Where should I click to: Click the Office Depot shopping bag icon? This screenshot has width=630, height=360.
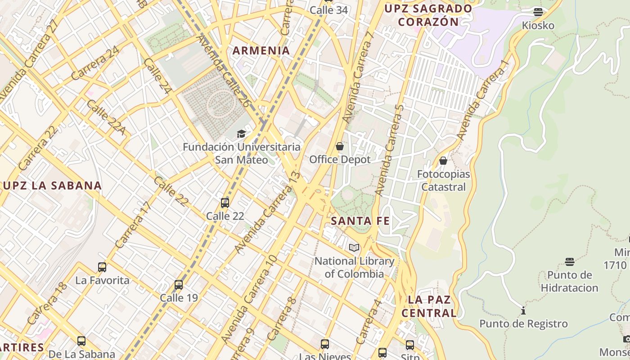click(x=340, y=146)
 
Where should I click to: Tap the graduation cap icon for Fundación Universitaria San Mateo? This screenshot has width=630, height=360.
click(x=242, y=134)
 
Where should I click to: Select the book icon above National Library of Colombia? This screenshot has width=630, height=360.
click(x=354, y=247)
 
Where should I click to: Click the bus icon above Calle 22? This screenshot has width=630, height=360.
click(x=225, y=203)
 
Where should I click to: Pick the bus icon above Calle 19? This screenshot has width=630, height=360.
click(x=179, y=285)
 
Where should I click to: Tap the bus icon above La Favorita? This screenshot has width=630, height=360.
click(x=102, y=267)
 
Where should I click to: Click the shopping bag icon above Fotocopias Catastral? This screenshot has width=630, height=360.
click(x=443, y=161)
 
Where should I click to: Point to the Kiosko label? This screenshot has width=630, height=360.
click(x=538, y=25)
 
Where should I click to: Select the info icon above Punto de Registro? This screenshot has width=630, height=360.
click(x=523, y=310)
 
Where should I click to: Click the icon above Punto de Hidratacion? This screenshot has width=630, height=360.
click(x=570, y=262)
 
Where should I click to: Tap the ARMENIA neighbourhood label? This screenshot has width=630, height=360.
click(x=261, y=50)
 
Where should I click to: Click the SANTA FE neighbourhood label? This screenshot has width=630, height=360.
click(x=360, y=221)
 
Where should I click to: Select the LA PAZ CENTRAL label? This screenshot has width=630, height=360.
click(x=429, y=306)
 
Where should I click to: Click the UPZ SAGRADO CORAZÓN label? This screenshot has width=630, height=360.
click(x=428, y=15)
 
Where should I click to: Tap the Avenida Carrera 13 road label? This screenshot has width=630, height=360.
click(x=267, y=211)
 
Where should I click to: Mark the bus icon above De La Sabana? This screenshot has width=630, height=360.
click(x=81, y=341)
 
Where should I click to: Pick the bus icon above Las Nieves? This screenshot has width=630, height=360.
click(x=325, y=344)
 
